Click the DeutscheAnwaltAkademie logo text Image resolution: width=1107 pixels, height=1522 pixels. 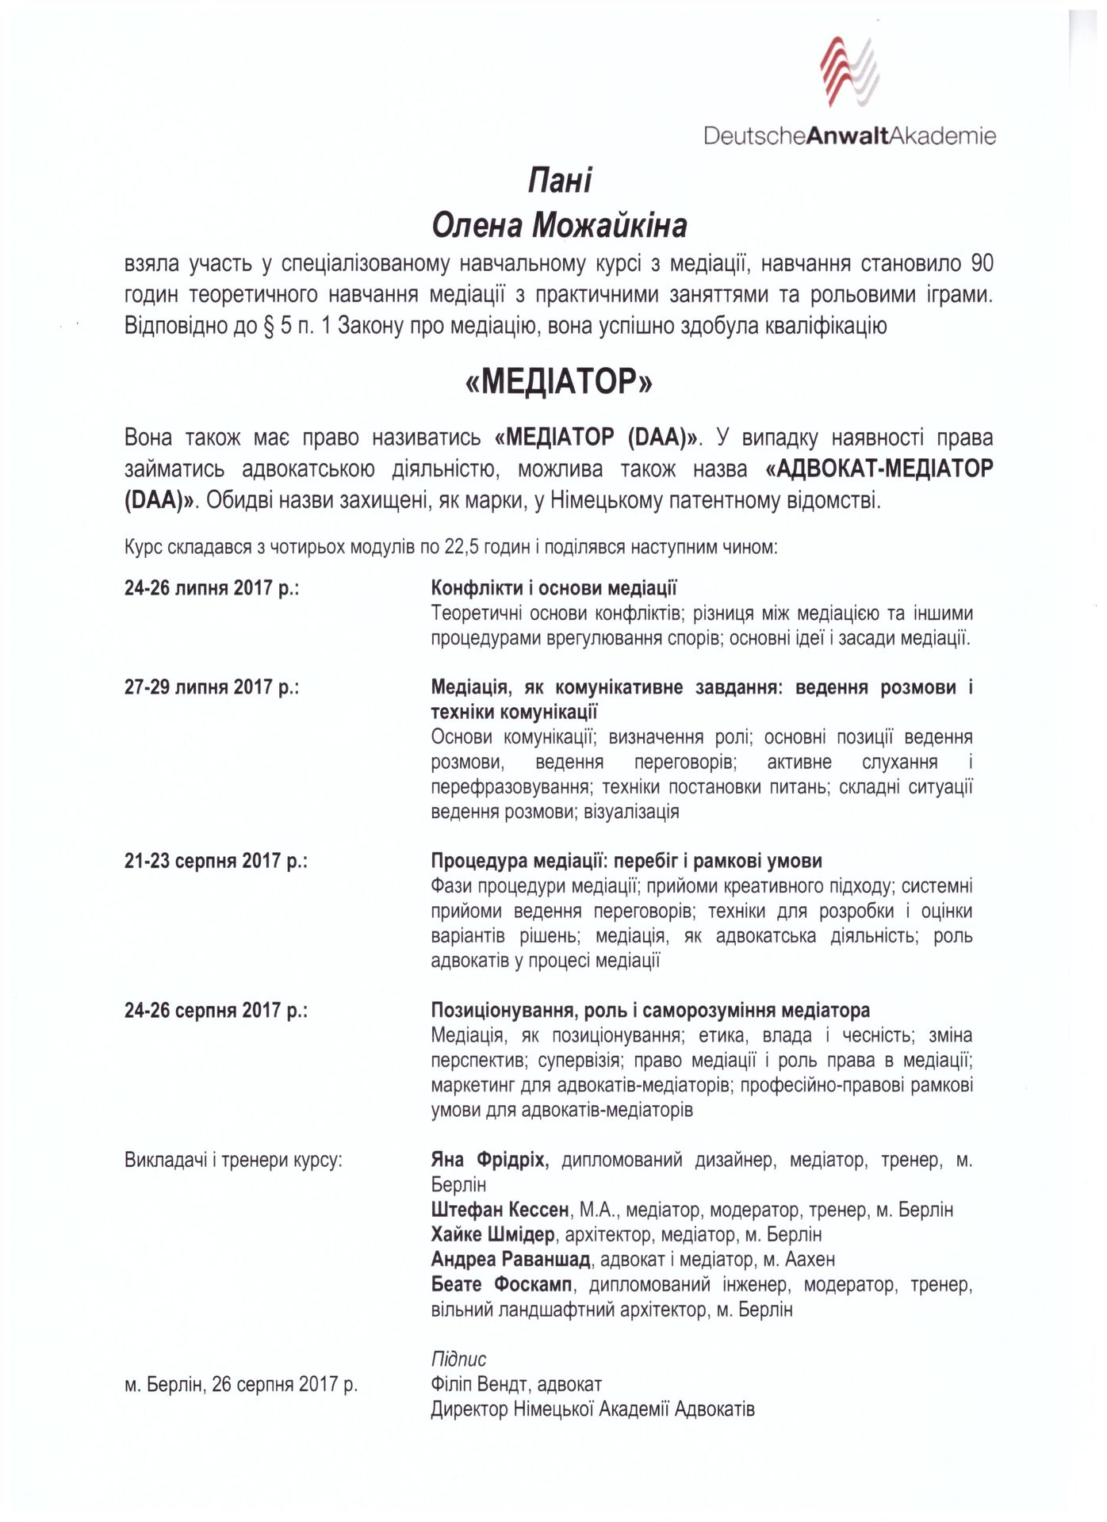tap(849, 136)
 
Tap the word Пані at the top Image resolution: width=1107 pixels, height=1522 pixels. tap(560, 182)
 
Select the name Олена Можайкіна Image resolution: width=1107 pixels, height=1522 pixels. tap(559, 227)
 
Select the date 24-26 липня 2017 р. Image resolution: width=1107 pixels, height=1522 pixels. tap(211, 588)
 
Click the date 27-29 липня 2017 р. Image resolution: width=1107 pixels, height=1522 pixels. tap(211, 686)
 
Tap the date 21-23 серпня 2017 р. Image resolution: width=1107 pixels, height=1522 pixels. tap(216, 861)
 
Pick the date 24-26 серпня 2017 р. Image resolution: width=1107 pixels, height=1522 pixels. tap(216, 1011)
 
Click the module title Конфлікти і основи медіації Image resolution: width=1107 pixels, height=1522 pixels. tap(553, 588)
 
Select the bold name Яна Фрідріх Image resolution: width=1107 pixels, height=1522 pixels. tap(490, 1161)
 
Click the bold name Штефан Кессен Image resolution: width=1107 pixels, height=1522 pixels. tap(500, 1210)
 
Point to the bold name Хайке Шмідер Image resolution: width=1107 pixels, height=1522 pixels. tap(492, 1234)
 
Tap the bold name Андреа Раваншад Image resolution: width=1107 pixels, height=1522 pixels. tap(511, 1260)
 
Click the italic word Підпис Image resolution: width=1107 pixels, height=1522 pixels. tap(458, 1359)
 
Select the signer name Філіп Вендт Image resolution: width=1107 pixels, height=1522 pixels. tap(481, 1385)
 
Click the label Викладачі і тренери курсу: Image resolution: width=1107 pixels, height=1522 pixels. tap(234, 1161)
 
